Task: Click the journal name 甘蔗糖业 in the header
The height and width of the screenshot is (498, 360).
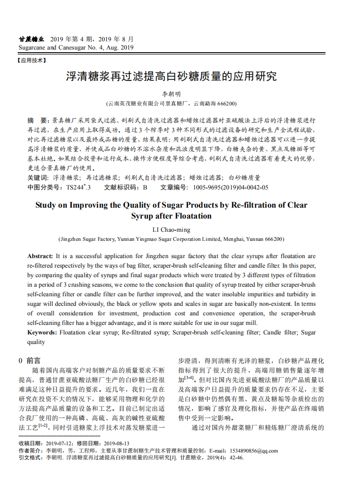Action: pos(31,39)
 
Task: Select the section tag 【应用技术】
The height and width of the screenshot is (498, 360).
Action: pos(32,60)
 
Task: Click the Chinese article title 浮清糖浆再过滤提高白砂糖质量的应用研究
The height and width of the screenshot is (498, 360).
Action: pos(171,76)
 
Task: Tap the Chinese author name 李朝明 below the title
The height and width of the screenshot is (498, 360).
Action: pos(171,94)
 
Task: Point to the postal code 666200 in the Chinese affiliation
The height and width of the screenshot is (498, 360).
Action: pos(227,104)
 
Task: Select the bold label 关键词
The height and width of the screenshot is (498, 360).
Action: pos(38,178)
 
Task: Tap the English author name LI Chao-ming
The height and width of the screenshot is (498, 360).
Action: pos(171,230)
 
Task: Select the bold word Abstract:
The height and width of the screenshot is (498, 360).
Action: pos(40,256)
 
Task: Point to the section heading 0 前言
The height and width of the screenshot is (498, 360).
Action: pos(30,360)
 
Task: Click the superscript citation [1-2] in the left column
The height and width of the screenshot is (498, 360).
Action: pos(43,426)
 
